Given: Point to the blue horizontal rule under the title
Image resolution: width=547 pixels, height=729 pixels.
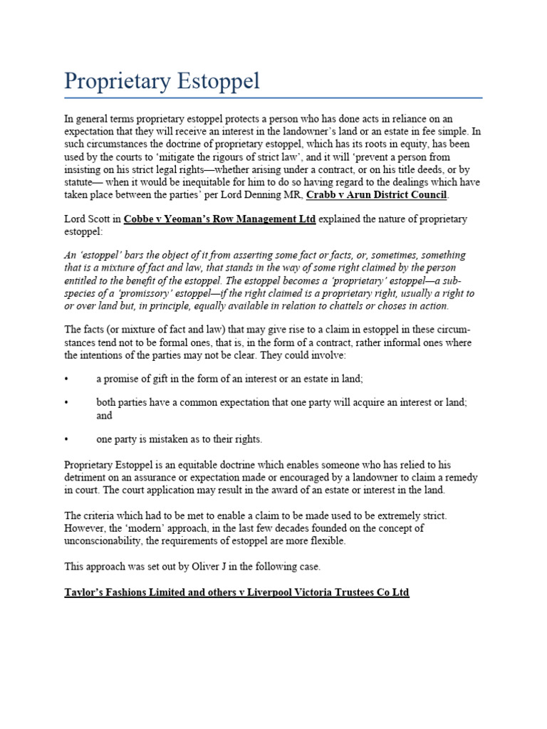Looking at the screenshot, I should (273, 98).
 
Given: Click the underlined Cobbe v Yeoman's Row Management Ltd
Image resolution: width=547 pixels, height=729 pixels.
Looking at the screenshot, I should (219, 219).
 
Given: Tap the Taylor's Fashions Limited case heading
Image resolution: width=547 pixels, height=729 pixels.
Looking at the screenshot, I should (237, 592).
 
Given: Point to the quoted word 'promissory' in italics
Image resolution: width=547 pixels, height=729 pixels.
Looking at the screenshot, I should (132, 293).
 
